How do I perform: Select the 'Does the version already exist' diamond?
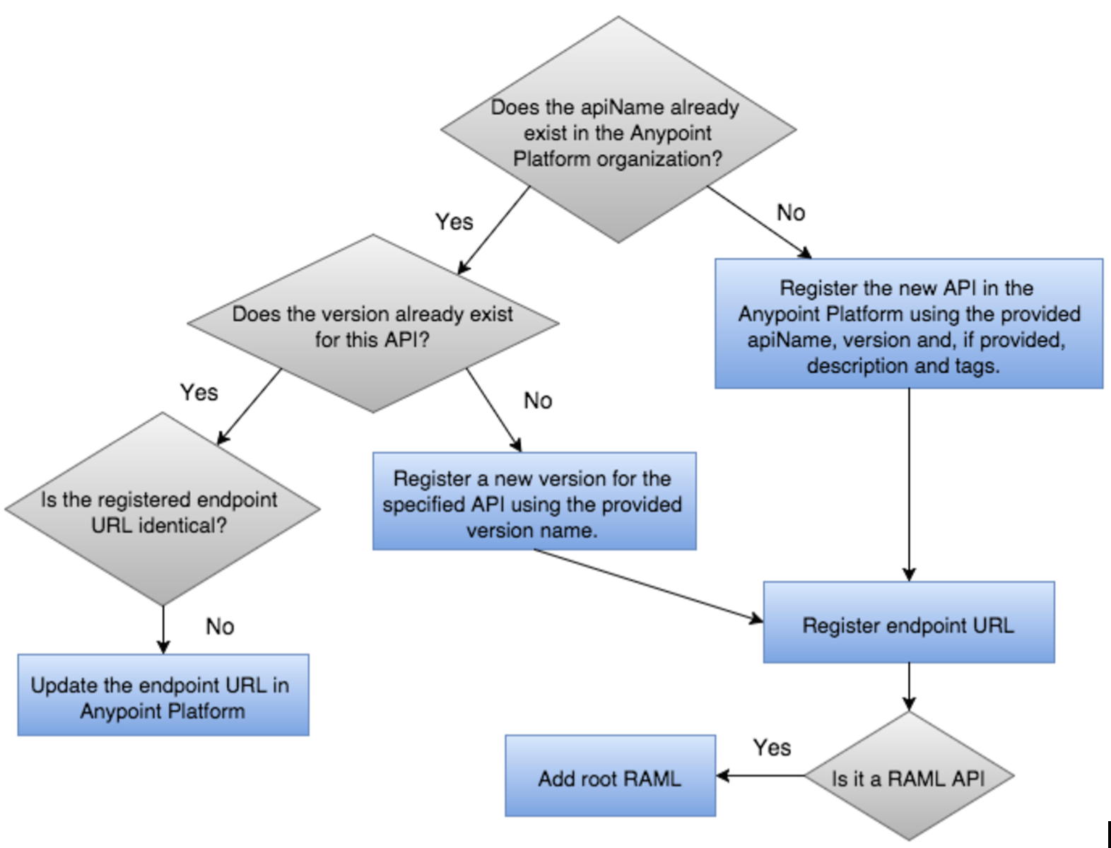click(x=373, y=325)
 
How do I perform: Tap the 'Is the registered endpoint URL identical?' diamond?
click(x=162, y=510)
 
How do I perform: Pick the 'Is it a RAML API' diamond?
click(x=909, y=777)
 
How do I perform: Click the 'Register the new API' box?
click(x=909, y=325)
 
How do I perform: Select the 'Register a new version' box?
click(x=534, y=502)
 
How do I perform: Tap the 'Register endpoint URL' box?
click(x=909, y=623)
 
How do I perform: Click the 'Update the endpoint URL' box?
click(x=163, y=695)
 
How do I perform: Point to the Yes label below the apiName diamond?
click(x=454, y=222)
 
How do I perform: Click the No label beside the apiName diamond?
click(x=791, y=213)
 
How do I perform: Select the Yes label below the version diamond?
click(x=199, y=392)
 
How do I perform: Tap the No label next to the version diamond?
click(x=538, y=401)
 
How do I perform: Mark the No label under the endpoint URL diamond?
click(x=220, y=626)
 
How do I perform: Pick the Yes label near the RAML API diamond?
click(x=772, y=748)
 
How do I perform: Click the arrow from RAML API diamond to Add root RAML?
click(x=760, y=776)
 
